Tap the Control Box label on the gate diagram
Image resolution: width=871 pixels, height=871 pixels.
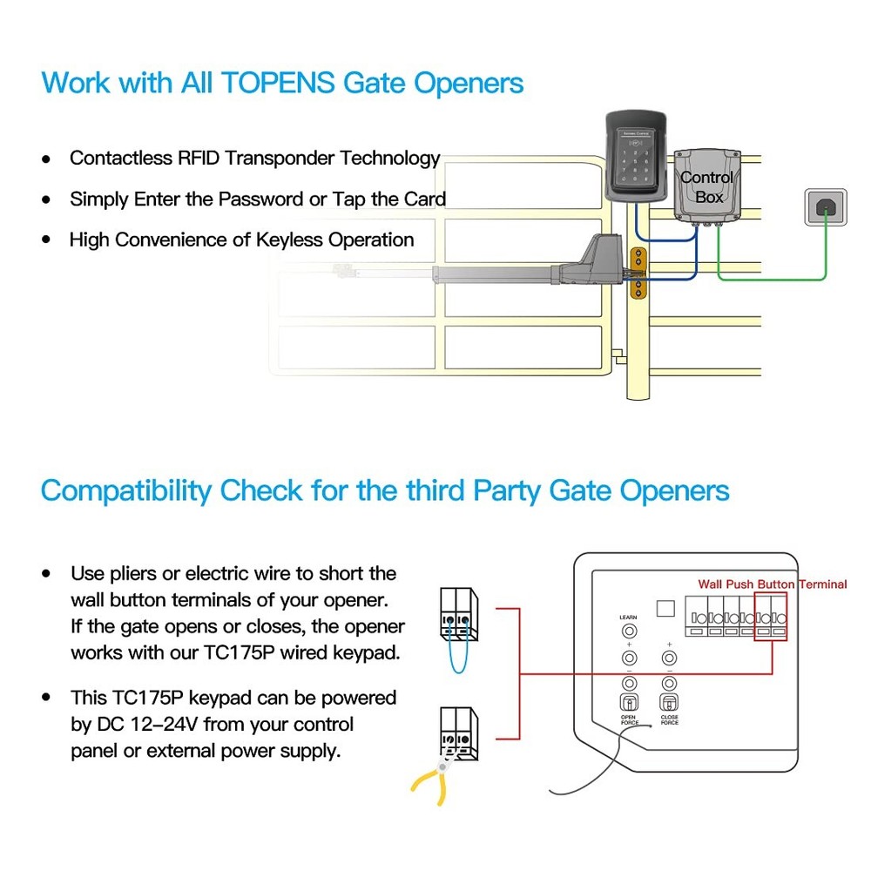(x=707, y=187)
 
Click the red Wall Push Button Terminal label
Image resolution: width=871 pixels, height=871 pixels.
(x=772, y=584)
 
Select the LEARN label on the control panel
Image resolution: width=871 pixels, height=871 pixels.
(x=628, y=618)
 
